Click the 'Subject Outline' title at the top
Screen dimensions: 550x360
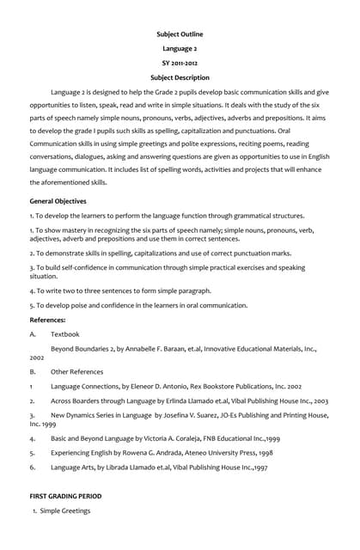(x=180, y=34)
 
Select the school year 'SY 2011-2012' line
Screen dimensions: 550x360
(x=180, y=63)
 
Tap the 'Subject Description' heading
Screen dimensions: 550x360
(x=180, y=77)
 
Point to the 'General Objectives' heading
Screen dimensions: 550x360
(x=58, y=201)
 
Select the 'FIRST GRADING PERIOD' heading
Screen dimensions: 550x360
(x=65, y=496)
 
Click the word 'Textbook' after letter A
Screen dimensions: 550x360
(x=64, y=333)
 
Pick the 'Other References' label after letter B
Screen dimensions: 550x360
(x=76, y=371)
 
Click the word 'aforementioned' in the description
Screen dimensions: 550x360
(x=64, y=182)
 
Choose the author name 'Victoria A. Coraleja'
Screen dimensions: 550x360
(x=174, y=437)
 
